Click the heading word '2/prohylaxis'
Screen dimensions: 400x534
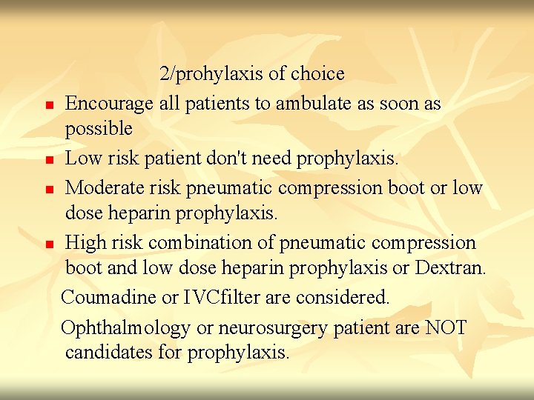(x=211, y=74)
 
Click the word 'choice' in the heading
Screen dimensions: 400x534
(x=317, y=74)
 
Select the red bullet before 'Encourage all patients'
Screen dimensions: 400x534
(x=47, y=106)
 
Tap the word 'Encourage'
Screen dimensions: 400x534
(x=109, y=104)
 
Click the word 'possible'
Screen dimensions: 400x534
(x=99, y=130)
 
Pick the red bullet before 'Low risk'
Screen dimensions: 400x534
(x=47, y=160)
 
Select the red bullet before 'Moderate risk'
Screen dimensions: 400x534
(x=47, y=190)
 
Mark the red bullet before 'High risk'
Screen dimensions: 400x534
(x=47, y=244)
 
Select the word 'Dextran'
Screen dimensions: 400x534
(x=451, y=268)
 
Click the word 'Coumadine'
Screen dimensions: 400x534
(x=109, y=297)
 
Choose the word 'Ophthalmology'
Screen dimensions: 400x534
(x=125, y=327)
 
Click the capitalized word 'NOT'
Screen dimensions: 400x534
(x=446, y=327)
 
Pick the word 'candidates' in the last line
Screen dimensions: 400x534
(x=109, y=353)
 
